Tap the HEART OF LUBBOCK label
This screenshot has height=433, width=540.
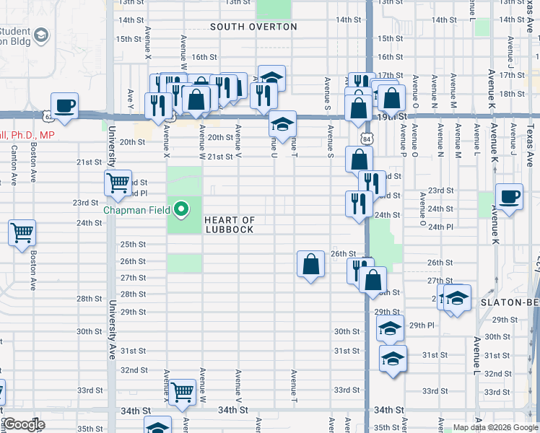pyautogui.click(x=229, y=224)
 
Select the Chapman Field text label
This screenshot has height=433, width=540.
pyautogui.click(x=136, y=211)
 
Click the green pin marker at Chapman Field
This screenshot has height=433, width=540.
pyautogui.click(x=182, y=210)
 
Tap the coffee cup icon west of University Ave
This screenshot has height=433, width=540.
pyautogui.click(x=64, y=105)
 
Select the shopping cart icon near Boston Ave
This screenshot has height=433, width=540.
pyautogui.click(x=22, y=233)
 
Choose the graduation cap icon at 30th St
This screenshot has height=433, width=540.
pyautogui.click(x=390, y=329)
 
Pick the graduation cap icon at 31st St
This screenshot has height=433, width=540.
pyautogui.click(x=392, y=357)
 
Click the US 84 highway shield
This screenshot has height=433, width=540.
pyautogui.click(x=367, y=137)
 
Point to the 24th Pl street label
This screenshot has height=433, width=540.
pyautogui.click(x=440, y=227)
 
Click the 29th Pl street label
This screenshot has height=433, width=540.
pyautogui.click(x=421, y=325)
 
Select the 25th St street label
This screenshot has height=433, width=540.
pyautogui.click(x=133, y=244)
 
